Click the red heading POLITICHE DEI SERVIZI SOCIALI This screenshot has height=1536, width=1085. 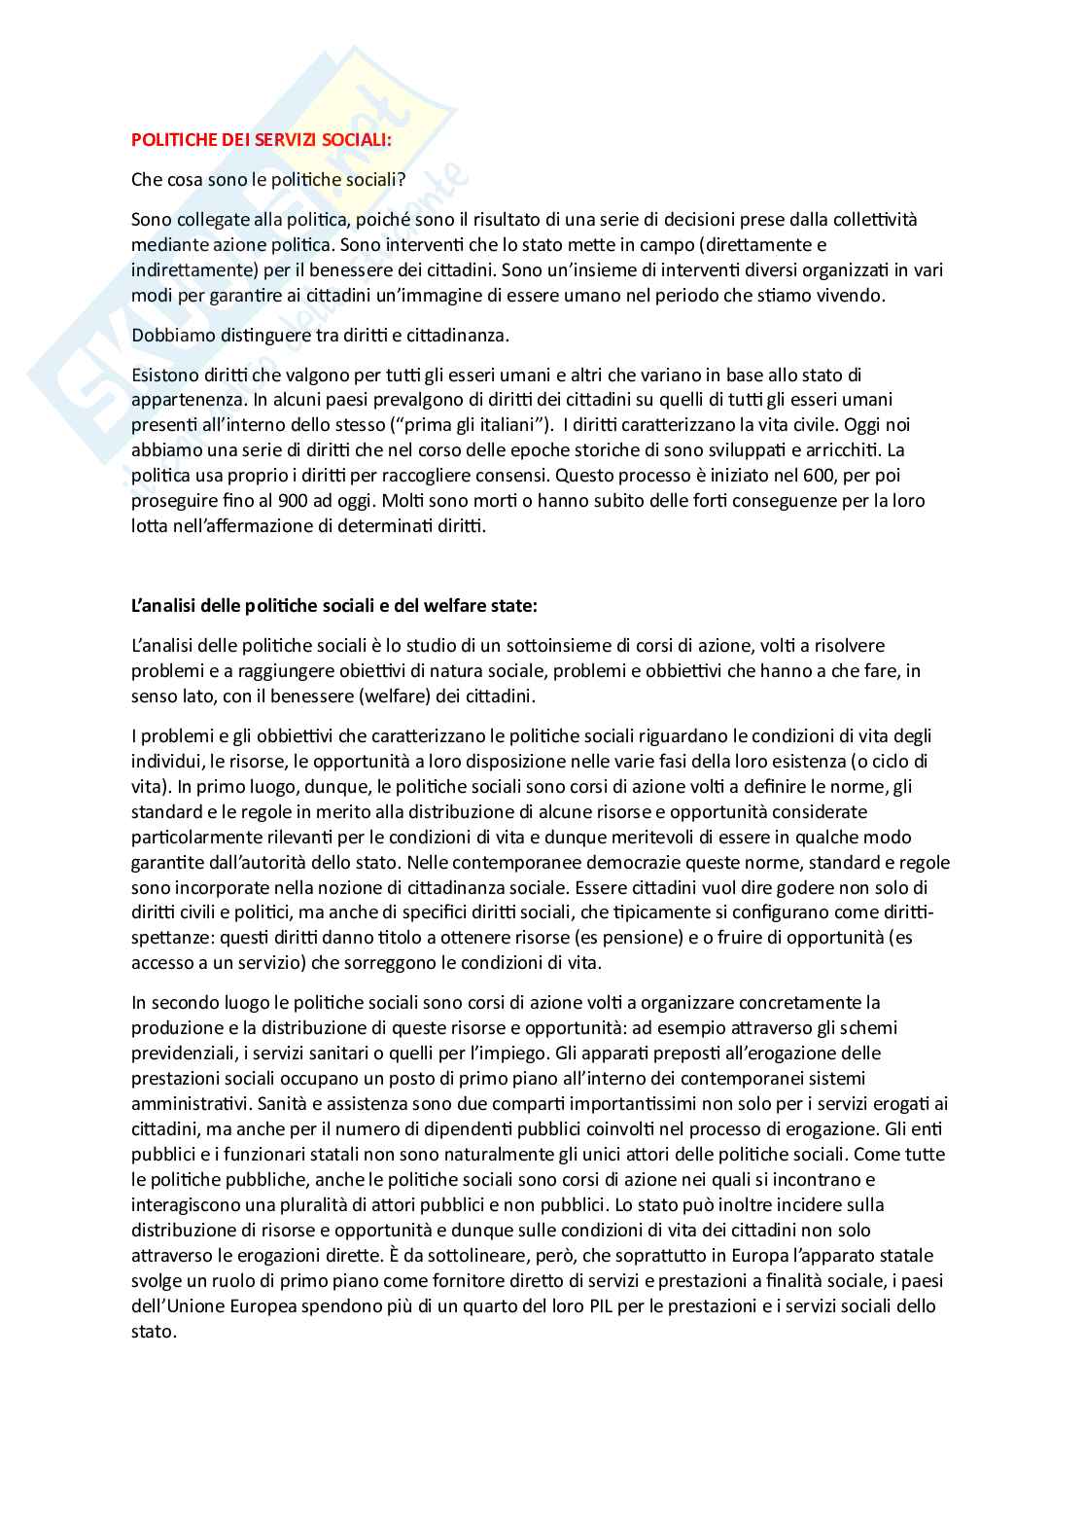point(262,139)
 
